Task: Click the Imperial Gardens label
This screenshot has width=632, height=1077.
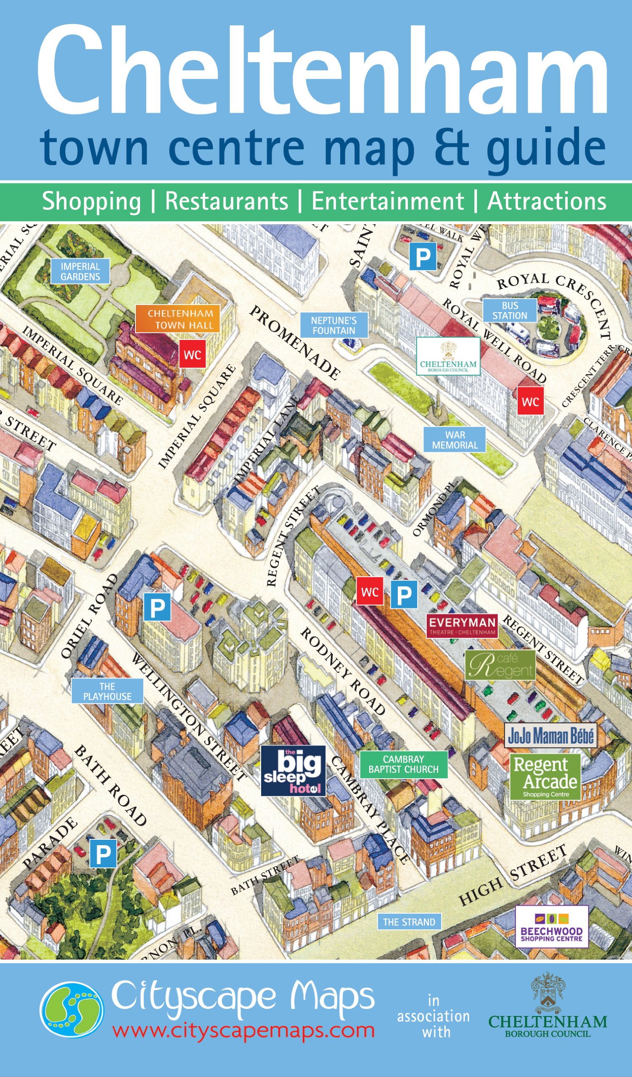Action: (x=80, y=271)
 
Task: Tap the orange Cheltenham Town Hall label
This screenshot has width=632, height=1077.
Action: (x=177, y=319)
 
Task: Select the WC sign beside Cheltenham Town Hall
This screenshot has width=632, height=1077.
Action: (x=192, y=354)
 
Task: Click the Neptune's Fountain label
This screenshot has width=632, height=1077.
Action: (x=333, y=325)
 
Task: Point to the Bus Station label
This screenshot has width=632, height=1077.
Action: (x=510, y=310)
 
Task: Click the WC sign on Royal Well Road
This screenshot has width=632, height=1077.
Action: (x=530, y=401)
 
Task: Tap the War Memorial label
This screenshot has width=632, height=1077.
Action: (x=455, y=440)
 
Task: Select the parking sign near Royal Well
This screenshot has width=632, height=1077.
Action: (x=423, y=257)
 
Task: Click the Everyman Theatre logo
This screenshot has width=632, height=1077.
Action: (x=462, y=626)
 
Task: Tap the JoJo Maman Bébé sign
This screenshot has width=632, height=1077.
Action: (x=550, y=735)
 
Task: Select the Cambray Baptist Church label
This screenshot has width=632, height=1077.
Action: (x=404, y=764)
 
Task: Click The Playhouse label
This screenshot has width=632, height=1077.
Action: (x=107, y=691)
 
